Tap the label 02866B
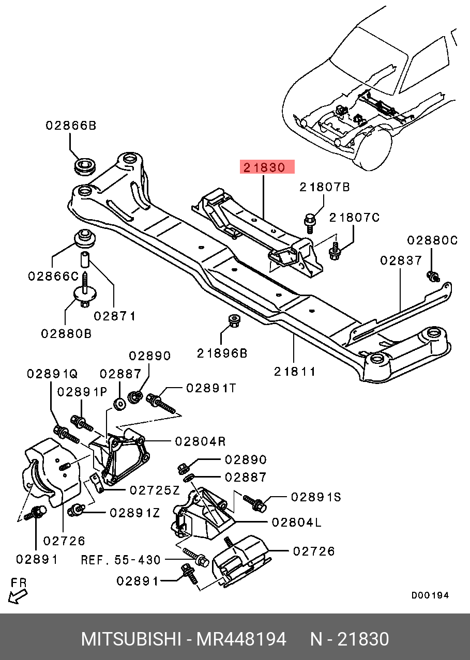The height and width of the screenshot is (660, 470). [x=71, y=126]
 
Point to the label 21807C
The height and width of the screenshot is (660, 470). [x=354, y=218]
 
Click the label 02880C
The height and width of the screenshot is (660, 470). [x=432, y=240]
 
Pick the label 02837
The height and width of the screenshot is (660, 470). [x=401, y=260]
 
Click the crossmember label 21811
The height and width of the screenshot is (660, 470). [x=295, y=372]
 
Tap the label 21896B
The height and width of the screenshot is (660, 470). [x=222, y=354]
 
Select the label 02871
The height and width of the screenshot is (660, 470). [x=115, y=316]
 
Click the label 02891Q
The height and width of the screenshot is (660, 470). [x=52, y=374]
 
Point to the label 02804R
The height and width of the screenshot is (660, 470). [x=201, y=441]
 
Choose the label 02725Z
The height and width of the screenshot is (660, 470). [x=155, y=490]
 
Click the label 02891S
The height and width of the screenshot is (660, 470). [x=316, y=497]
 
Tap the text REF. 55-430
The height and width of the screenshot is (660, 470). [x=120, y=560]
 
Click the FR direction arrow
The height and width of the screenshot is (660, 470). [x=18, y=597]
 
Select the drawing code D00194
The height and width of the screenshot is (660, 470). [x=430, y=595]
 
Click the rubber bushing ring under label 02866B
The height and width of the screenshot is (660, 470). [x=85, y=166]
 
